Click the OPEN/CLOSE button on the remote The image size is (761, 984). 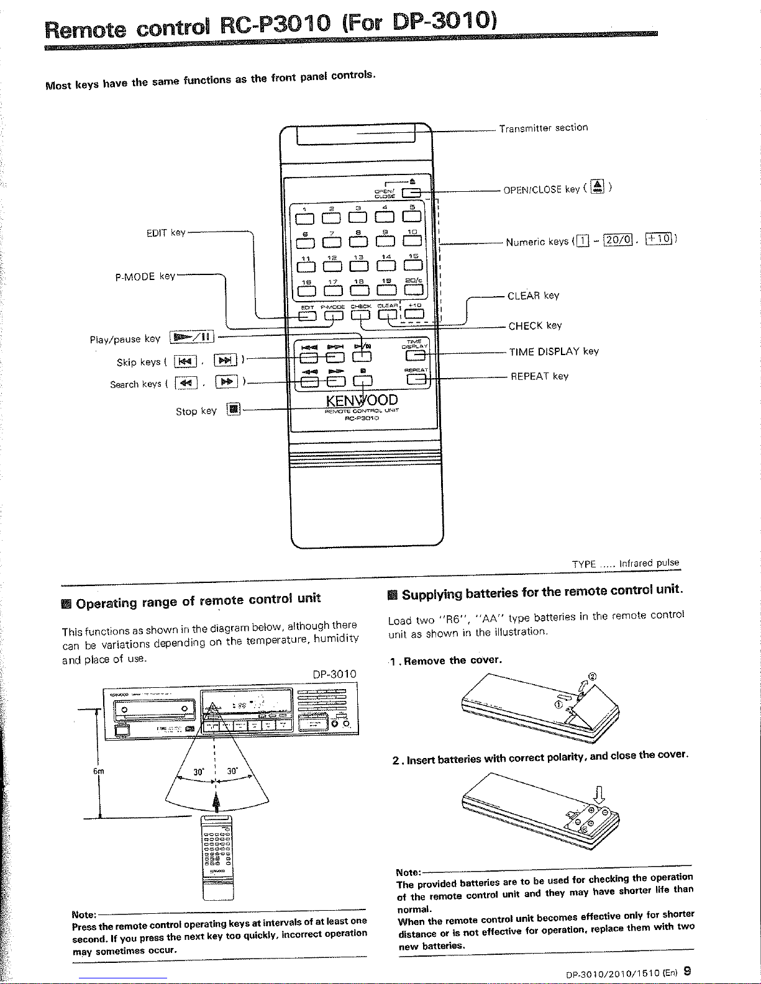point(411,192)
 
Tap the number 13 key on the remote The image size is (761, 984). point(358,266)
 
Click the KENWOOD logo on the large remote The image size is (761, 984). point(362,399)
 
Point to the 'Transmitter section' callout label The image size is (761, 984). point(544,128)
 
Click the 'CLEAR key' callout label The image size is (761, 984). point(533,296)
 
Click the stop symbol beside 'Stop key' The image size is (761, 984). point(233,409)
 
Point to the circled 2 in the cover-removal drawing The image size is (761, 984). point(593,677)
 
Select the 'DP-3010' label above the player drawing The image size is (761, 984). point(335,674)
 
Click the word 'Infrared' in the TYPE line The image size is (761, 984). point(637,564)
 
